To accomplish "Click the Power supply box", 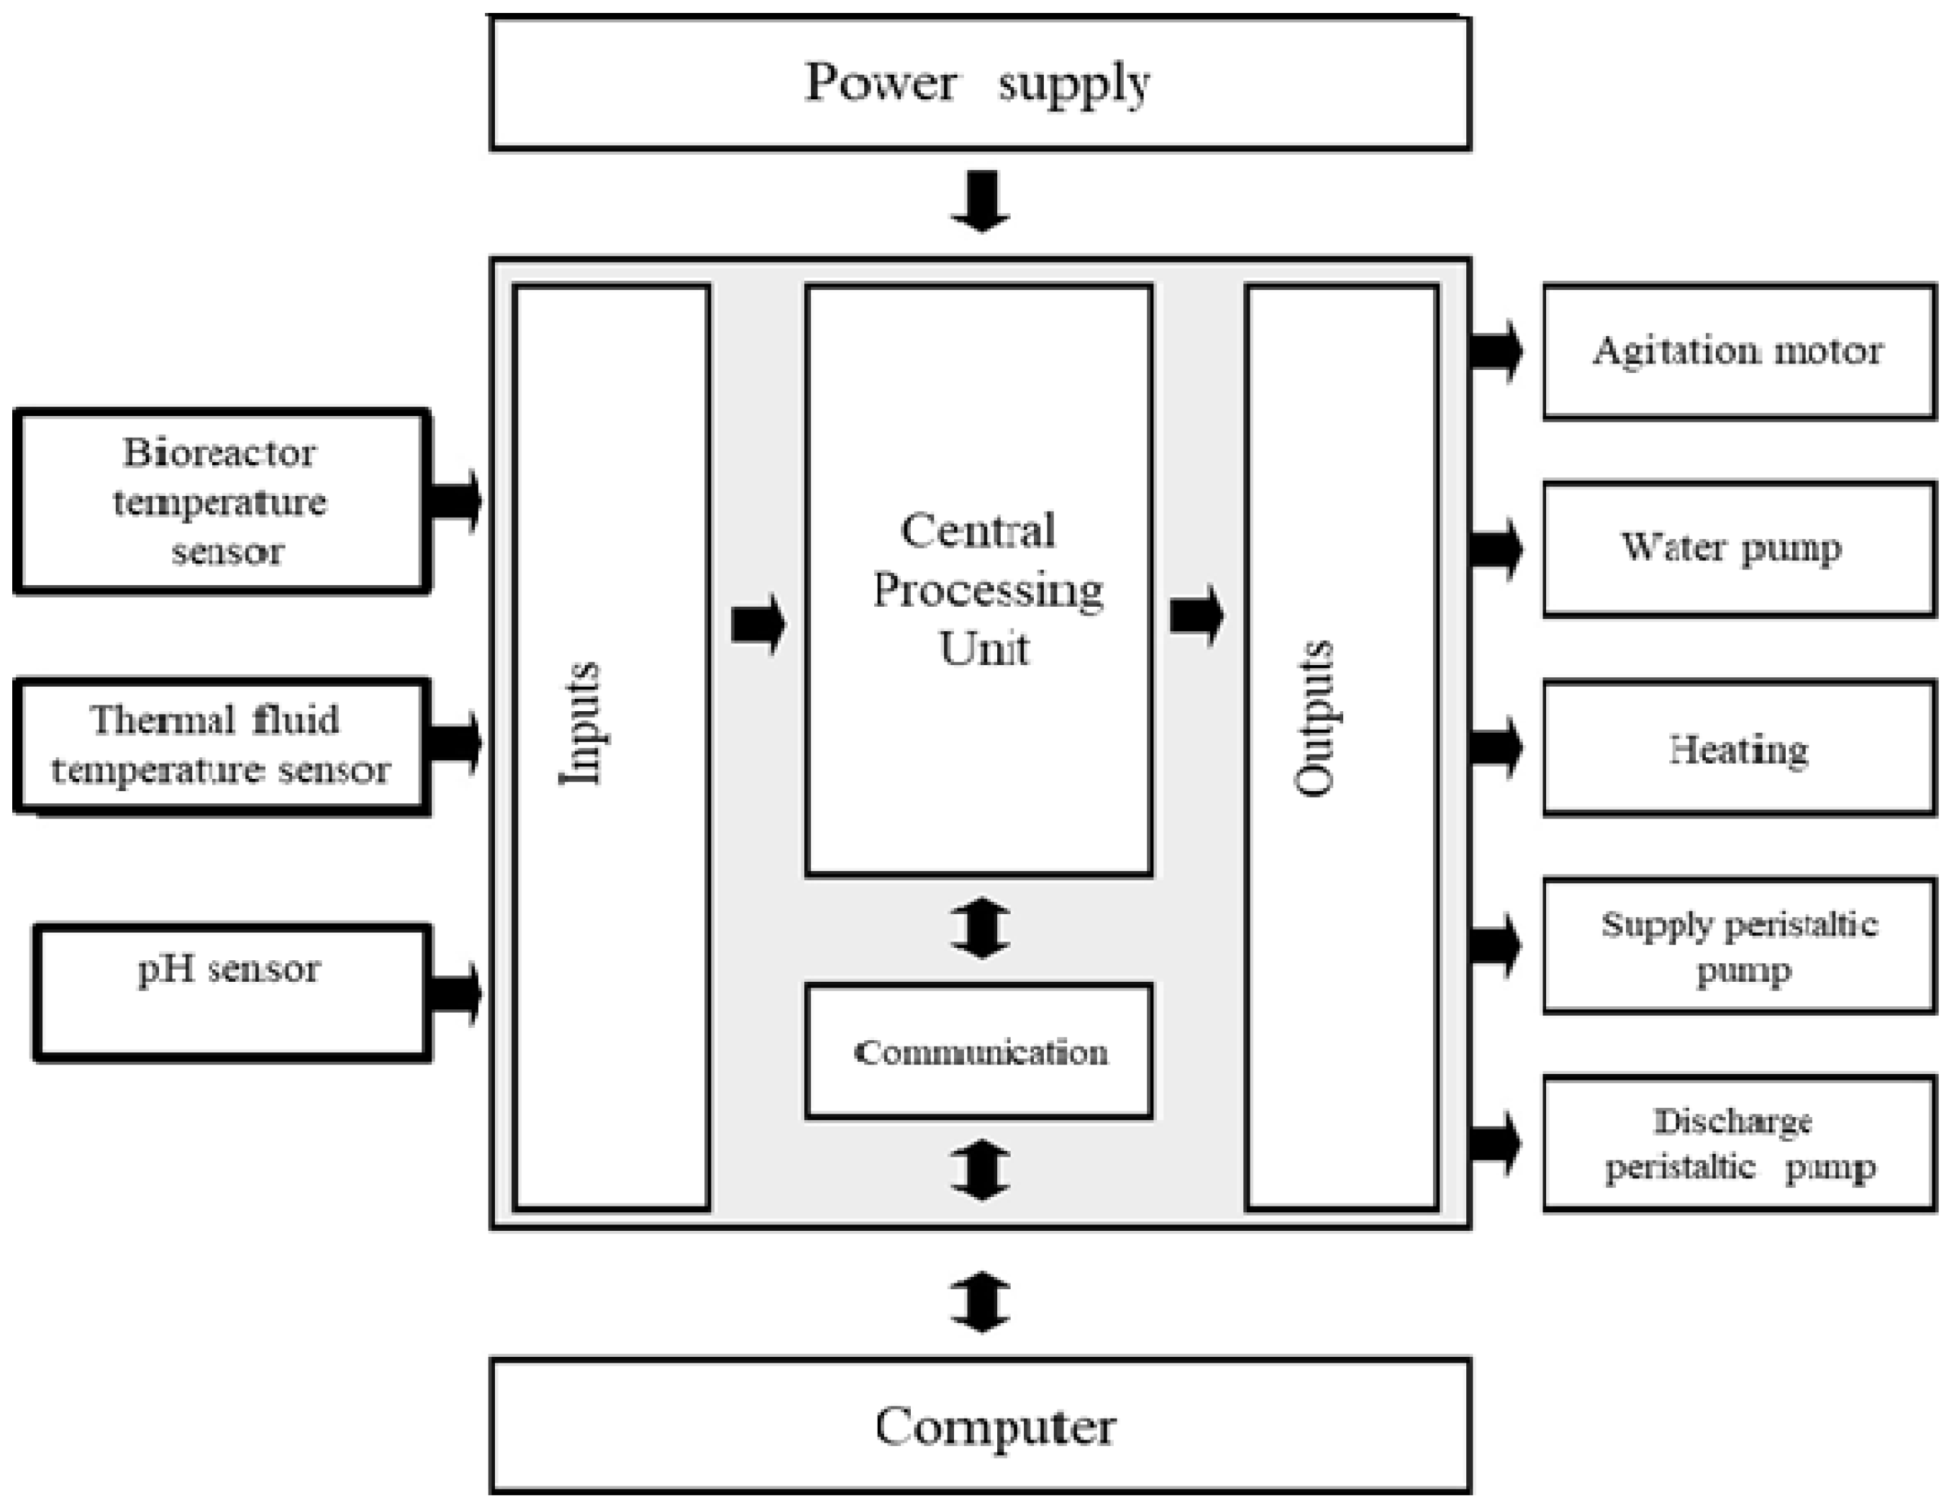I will click(980, 83).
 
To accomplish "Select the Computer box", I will click(980, 1426).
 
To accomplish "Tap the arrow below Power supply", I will click(981, 202).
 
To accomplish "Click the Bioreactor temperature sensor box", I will click(222, 502).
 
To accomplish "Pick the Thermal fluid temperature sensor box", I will click(222, 746).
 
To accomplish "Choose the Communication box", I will click(979, 1052).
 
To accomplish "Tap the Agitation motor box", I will click(1738, 351).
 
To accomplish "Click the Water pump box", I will click(1738, 548).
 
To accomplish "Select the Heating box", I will click(1738, 748).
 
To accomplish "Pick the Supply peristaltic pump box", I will click(1738, 946).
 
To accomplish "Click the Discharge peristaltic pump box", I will click(1738, 1144).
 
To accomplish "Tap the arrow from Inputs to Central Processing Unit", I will click(758, 623).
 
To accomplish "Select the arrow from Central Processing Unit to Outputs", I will click(1196, 615).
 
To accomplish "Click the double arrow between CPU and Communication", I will click(981, 929).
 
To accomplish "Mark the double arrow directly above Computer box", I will click(981, 1301).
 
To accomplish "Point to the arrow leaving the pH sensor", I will click(455, 993).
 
